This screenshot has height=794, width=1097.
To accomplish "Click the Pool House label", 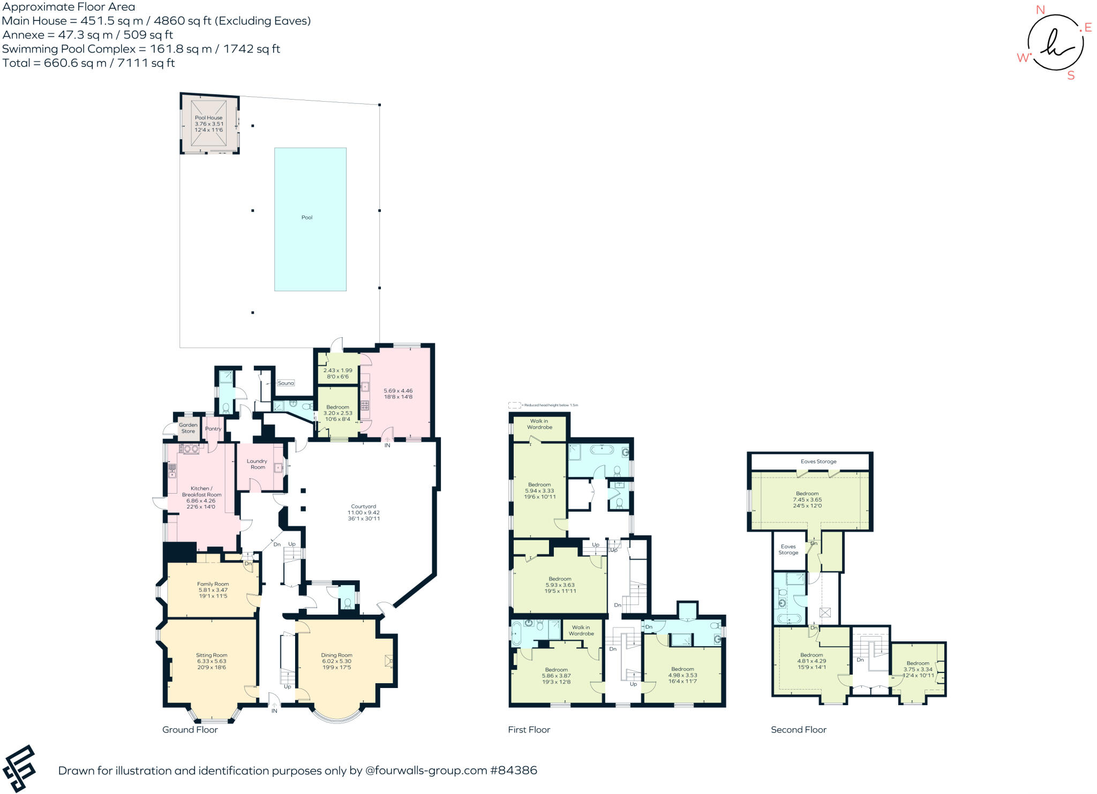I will coord(208,118).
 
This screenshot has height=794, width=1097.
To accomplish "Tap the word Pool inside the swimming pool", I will coord(307,217).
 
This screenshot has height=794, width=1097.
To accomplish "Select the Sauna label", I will coord(286,383).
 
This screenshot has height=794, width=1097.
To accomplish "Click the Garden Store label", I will coord(188,428).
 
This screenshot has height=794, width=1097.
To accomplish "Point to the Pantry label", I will coord(213,429).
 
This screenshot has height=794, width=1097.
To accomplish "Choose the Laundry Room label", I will coord(257,464).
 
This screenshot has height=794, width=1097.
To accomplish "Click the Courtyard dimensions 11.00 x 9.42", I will coord(364,512).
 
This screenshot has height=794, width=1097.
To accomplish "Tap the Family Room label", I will coord(213,584).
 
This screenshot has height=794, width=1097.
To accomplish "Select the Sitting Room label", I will coord(212,655).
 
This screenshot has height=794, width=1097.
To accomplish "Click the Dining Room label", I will coord(336,655).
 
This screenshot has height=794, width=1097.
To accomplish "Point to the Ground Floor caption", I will coord(190,730).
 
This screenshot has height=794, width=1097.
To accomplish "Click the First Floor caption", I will coord(529,730).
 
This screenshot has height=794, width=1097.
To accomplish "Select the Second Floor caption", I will coord(798,730).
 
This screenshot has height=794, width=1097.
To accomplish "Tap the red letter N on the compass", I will coord(1040,10).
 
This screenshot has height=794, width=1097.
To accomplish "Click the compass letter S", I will coord(1071,75).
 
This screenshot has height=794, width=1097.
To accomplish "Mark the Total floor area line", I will coord(88,63).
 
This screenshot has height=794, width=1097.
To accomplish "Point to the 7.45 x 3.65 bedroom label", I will coord(807,500).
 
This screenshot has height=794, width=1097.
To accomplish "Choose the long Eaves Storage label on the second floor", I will coord(818,462).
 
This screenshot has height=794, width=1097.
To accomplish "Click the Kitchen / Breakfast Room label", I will coord(201,491).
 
